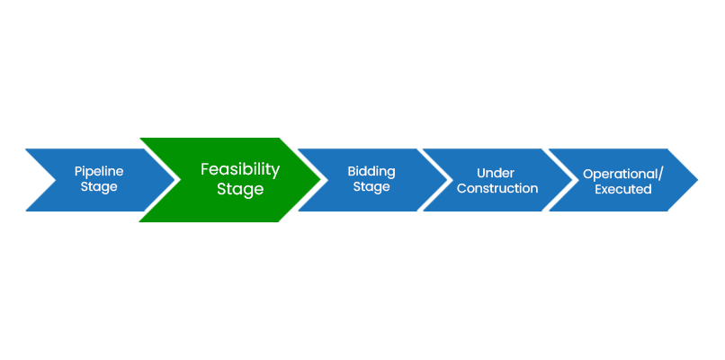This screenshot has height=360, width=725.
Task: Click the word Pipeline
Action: point(99,171)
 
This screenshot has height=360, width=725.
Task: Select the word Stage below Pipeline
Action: point(99,187)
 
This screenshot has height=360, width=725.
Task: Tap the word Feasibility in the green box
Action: point(240,169)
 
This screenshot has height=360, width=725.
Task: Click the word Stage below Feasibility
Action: point(240,189)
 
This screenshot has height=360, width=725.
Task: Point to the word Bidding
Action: point(371,172)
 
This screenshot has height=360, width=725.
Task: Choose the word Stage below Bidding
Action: point(371,187)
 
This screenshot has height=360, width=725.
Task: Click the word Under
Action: point(497,173)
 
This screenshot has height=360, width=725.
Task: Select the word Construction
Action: point(497,188)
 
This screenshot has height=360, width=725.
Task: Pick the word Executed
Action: point(623,189)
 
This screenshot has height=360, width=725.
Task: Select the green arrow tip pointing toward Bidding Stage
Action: point(316,180)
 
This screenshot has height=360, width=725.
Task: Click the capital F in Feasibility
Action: point(205,169)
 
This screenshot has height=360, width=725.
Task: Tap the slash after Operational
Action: point(661,174)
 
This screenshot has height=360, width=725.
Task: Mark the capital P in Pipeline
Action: point(78,171)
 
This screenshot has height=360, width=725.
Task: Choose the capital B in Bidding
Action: point(352,172)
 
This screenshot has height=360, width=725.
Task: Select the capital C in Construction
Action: point(461,188)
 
